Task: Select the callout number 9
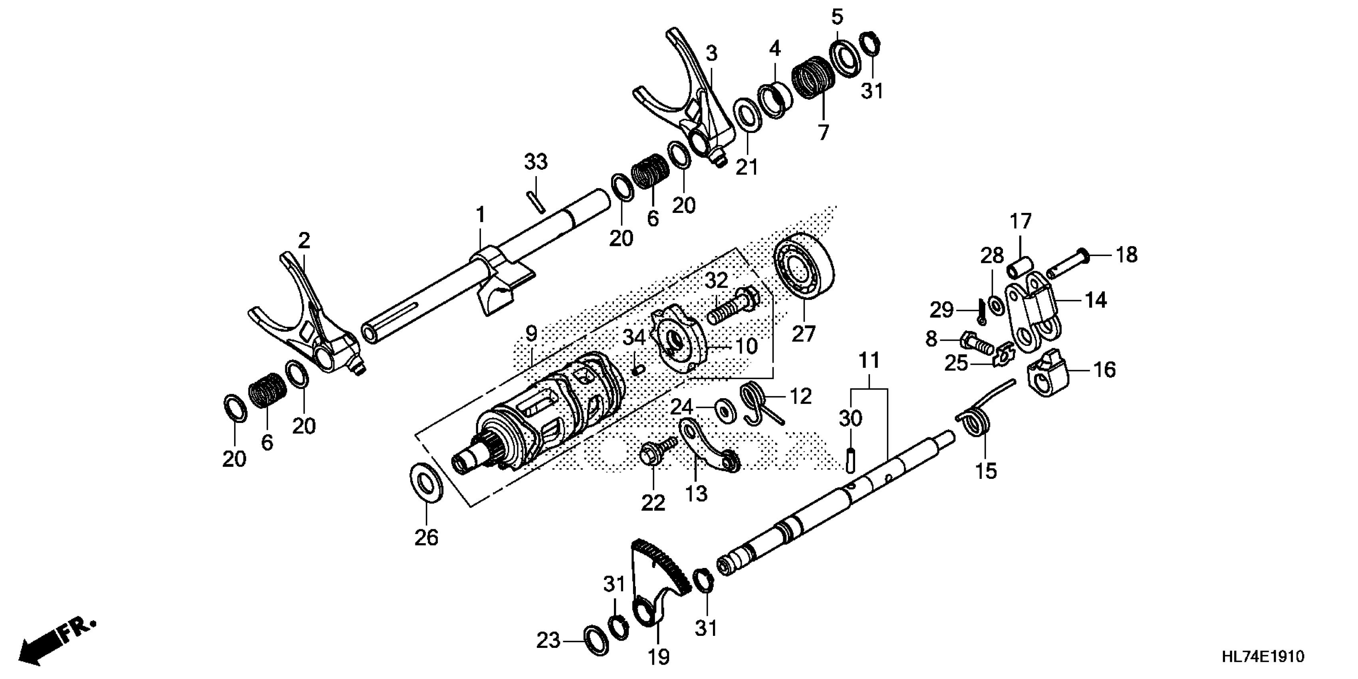(x=531, y=334)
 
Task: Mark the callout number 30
(x=850, y=419)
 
